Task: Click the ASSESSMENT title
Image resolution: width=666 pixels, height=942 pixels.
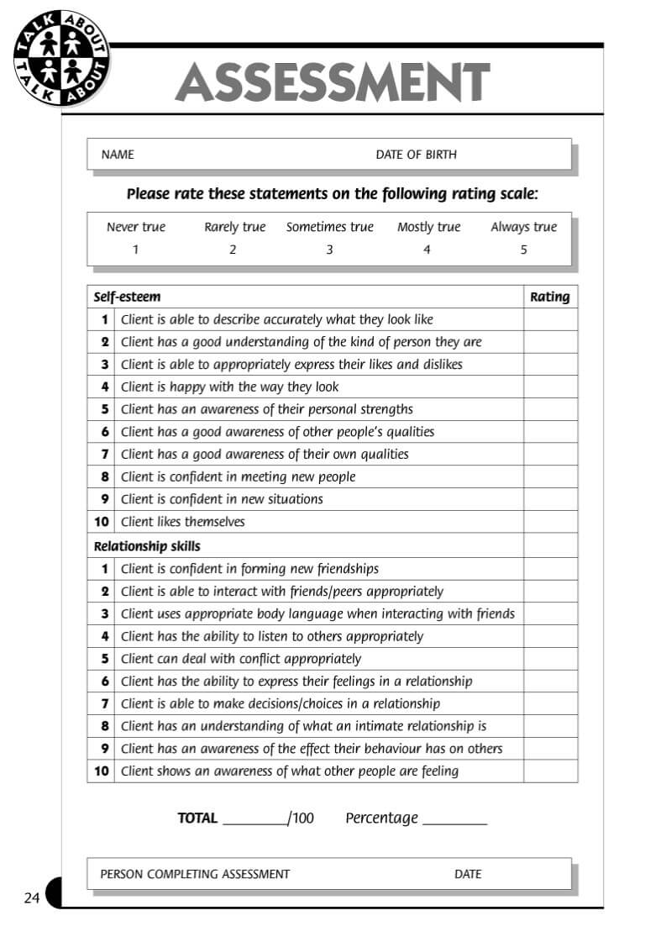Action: click(x=332, y=82)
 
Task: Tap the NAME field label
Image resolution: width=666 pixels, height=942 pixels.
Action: click(x=118, y=155)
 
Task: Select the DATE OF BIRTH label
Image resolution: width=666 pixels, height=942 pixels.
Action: click(x=416, y=155)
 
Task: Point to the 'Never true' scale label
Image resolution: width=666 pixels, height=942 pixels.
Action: click(x=136, y=227)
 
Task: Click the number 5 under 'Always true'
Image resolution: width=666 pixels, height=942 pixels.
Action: click(x=523, y=250)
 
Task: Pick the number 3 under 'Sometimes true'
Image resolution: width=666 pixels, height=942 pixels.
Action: click(x=329, y=250)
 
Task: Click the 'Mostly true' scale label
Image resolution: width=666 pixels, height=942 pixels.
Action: click(x=428, y=227)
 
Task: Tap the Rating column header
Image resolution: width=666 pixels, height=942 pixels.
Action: click(x=550, y=297)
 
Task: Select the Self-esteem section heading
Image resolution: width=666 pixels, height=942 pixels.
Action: click(x=127, y=297)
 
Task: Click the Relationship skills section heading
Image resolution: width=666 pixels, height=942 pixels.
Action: click(x=147, y=546)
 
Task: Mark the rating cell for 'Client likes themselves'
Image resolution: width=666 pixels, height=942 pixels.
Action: click(x=550, y=522)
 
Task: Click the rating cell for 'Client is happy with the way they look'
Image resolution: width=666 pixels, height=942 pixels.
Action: click(x=550, y=387)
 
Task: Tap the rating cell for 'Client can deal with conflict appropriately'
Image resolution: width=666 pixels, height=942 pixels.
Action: click(x=550, y=659)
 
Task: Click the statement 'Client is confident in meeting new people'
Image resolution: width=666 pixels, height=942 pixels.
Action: click(x=238, y=477)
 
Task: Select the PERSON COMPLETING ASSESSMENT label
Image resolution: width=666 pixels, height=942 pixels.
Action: click(x=195, y=874)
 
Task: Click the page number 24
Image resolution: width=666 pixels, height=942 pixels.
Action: click(x=32, y=898)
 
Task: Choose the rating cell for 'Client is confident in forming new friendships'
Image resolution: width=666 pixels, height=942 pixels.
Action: click(x=550, y=569)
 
